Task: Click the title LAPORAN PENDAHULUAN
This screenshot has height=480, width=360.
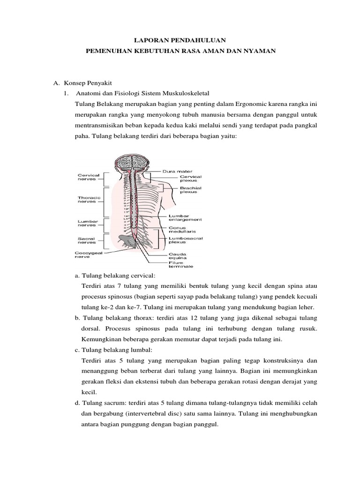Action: point(180,41)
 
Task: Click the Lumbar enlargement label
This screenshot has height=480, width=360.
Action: point(185,218)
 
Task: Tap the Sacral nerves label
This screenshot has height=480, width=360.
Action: point(87,240)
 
